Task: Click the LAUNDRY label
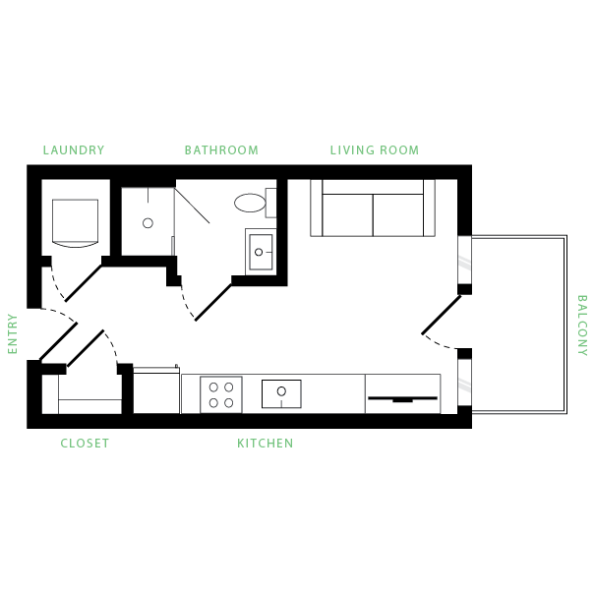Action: coord(74,150)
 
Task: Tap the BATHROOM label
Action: coord(221,150)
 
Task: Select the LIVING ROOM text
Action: coord(375,150)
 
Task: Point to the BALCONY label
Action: coord(582,326)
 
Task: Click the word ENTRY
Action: coord(13,334)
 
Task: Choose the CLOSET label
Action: coord(85,444)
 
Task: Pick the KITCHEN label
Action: coord(266,444)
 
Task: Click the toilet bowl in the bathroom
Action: coord(250,203)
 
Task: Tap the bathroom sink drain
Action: coord(259,252)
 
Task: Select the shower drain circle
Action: coord(148,223)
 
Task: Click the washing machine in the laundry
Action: coord(75,223)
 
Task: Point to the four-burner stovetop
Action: coord(221,394)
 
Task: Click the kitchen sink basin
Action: coord(281,394)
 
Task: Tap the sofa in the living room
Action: coord(373,208)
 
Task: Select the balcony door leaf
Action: coord(442,315)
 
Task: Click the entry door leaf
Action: coord(58,341)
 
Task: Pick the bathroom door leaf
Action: coord(213,303)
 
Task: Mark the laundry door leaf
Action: coord(84,283)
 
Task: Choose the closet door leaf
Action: coord(86,348)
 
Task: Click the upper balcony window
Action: coord(465,260)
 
